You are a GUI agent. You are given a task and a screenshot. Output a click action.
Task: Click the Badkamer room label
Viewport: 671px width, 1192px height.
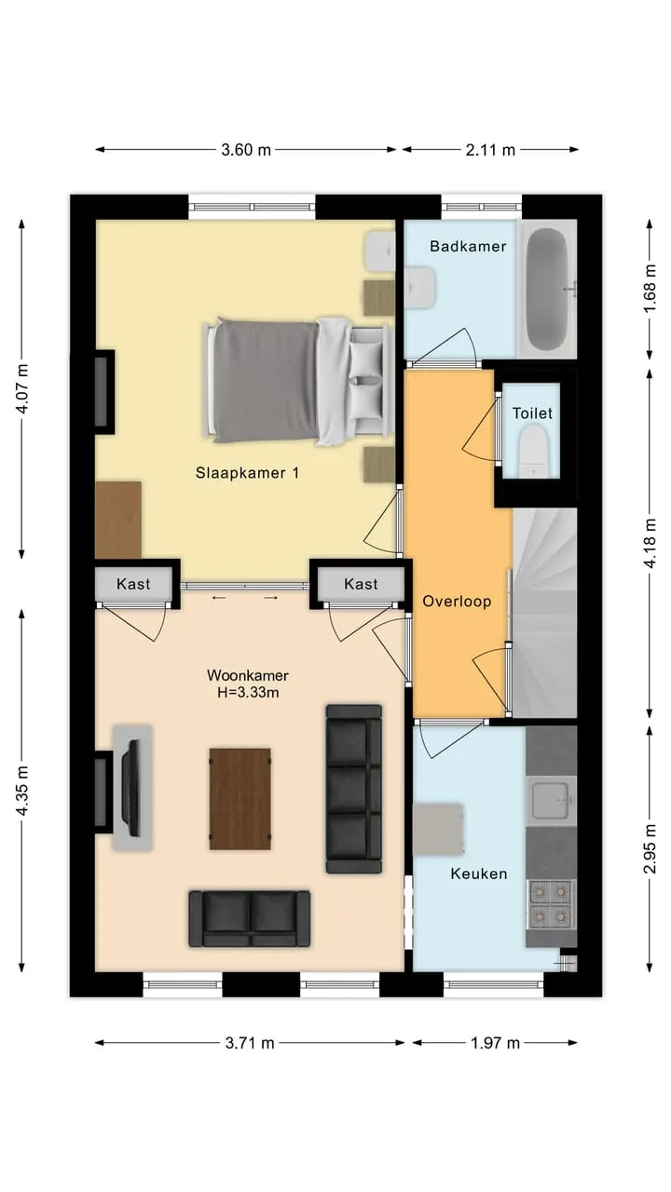468,247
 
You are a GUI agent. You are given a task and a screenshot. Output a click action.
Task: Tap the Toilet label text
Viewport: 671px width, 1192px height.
532,413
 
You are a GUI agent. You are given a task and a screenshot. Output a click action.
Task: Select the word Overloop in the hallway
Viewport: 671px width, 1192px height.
457,602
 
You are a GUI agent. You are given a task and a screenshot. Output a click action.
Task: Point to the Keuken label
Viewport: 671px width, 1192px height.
479,874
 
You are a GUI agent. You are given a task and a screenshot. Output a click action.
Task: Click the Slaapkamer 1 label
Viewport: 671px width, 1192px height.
247,472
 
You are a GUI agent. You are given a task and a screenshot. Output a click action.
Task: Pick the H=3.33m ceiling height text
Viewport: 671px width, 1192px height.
248,692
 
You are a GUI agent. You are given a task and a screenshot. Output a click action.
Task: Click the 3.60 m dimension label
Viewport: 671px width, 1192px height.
246,150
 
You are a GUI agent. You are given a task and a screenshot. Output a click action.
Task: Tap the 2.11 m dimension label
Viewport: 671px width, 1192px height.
490,150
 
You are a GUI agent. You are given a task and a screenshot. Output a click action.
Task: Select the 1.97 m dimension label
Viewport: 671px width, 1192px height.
495,1043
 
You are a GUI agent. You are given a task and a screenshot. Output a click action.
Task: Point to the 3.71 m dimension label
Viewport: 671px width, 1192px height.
249,1043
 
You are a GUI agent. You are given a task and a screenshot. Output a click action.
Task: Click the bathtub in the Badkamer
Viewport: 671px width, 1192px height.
548,289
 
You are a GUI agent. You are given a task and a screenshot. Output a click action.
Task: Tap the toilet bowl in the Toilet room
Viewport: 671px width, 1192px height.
533,452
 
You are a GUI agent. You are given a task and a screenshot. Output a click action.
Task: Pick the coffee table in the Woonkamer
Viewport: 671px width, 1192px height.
240,799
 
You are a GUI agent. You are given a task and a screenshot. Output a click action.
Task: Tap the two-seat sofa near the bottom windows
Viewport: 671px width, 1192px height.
249,918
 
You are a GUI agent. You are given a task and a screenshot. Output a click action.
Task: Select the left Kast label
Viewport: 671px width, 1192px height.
133,584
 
